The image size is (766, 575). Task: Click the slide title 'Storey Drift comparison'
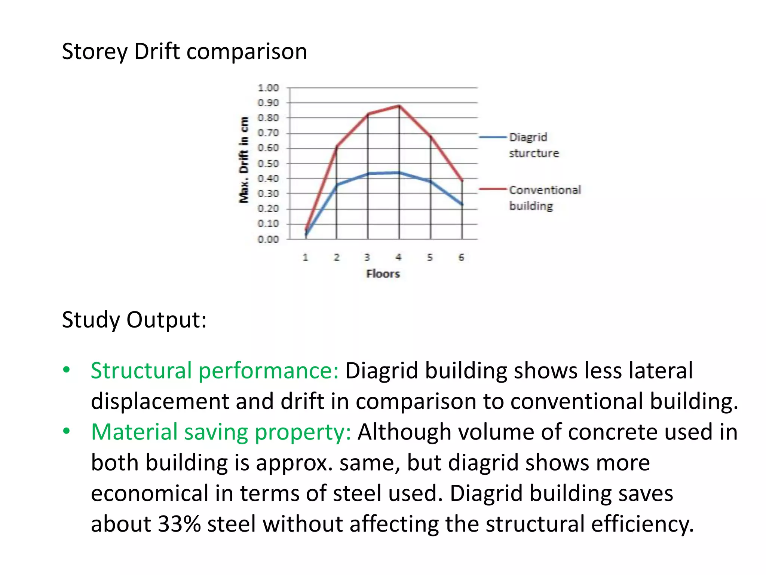184,51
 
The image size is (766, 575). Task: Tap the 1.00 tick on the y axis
268,88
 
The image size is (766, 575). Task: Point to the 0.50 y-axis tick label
268,164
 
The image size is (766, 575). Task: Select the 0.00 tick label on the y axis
268,239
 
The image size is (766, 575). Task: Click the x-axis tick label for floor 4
399,258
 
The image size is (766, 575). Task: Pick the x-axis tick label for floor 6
462,258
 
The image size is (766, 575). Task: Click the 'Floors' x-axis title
383,274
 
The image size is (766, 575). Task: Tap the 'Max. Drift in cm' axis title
244,160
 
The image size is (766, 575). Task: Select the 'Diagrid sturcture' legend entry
533,145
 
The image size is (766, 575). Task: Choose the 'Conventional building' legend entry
545,198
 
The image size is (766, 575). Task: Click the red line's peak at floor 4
399,106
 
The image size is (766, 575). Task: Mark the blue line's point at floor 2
337,185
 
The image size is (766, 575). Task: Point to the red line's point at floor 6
462,180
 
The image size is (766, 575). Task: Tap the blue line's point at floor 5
431,182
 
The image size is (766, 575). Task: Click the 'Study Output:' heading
134,320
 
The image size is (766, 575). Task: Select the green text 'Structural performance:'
214,371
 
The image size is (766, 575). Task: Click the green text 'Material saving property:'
221,432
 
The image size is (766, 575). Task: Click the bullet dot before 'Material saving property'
67,432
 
